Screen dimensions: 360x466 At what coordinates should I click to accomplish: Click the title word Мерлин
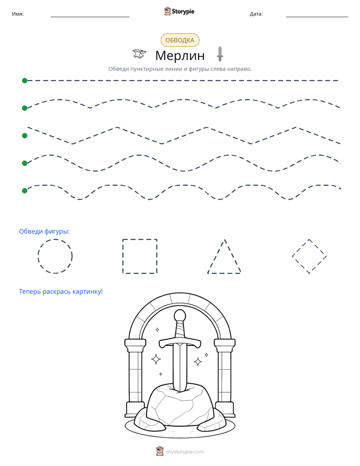pyautogui.click(x=180, y=55)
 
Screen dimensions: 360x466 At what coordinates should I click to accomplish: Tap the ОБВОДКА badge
pyautogui.click(x=179, y=40)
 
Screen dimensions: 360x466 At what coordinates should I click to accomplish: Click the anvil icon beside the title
pyautogui.click(x=139, y=54)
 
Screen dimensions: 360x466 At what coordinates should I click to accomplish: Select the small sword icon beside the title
pyautogui.click(x=220, y=54)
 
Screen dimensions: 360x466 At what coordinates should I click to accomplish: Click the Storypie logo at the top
pyautogui.click(x=179, y=11)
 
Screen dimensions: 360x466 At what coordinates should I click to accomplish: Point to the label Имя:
pyautogui.click(x=18, y=14)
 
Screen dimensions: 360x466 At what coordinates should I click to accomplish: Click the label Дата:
pyautogui.click(x=256, y=14)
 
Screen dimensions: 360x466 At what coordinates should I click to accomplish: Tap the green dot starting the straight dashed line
pyautogui.click(x=25, y=81)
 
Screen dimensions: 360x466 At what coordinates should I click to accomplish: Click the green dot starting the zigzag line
pyautogui.click(x=25, y=136)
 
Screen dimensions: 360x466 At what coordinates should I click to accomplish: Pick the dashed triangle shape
pyautogui.click(x=216, y=256)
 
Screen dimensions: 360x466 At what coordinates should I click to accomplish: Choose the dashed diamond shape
pyautogui.click(x=301, y=248)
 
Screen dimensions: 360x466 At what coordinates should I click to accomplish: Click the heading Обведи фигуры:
pyautogui.click(x=44, y=231)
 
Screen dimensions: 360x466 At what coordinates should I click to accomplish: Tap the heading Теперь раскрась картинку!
pyautogui.click(x=61, y=292)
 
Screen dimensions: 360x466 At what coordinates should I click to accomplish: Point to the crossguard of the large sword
pyautogui.click(x=179, y=342)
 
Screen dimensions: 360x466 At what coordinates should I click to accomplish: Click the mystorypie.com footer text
pyautogui.click(x=185, y=452)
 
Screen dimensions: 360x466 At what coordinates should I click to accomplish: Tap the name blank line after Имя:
pyautogui.click(x=90, y=17)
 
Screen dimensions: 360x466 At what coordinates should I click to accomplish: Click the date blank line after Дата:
pyautogui.click(x=317, y=17)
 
